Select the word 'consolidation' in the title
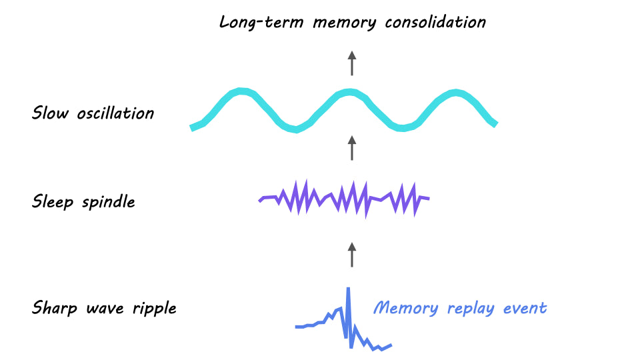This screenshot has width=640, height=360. tap(435, 22)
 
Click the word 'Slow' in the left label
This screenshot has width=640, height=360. tap(50, 113)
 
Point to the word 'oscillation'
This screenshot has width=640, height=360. tap(115, 113)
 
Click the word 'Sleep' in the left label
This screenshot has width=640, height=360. tap(53, 201)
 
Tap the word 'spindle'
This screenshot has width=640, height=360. tap(108, 201)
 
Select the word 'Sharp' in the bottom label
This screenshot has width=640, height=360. tap(54, 308)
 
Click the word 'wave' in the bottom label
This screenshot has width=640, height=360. tap(108, 308)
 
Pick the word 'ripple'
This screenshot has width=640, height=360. tap(155, 309)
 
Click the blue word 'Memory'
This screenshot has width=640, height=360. tap(405, 308)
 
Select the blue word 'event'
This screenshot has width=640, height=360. tap(525, 308)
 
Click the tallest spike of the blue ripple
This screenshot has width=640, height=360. tap(348, 291)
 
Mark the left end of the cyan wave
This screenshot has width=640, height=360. tap(193, 127)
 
